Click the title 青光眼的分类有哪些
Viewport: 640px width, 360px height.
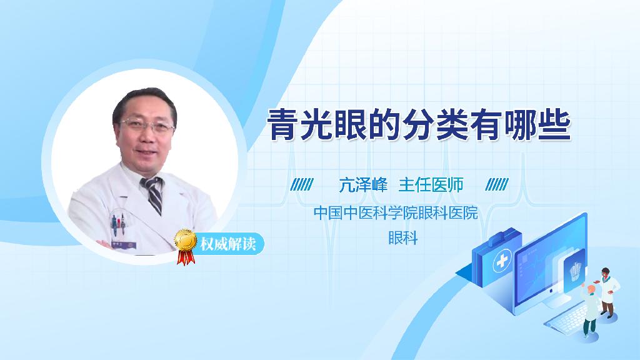[x=419, y=126]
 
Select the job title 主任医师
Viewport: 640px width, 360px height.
[x=431, y=185]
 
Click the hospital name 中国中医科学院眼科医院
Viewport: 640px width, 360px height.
[x=396, y=213]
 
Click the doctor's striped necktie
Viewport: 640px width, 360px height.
[x=153, y=194]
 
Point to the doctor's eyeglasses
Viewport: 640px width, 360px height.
[x=147, y=125]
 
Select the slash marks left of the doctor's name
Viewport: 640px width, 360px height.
[x=302, y=185]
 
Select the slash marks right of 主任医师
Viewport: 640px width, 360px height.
[x=497, y=185]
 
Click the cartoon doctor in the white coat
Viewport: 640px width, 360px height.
[x=608, y=291]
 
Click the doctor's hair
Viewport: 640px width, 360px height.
[x=144, y=101]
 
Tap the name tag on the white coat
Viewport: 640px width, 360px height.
[x=117, y=244]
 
